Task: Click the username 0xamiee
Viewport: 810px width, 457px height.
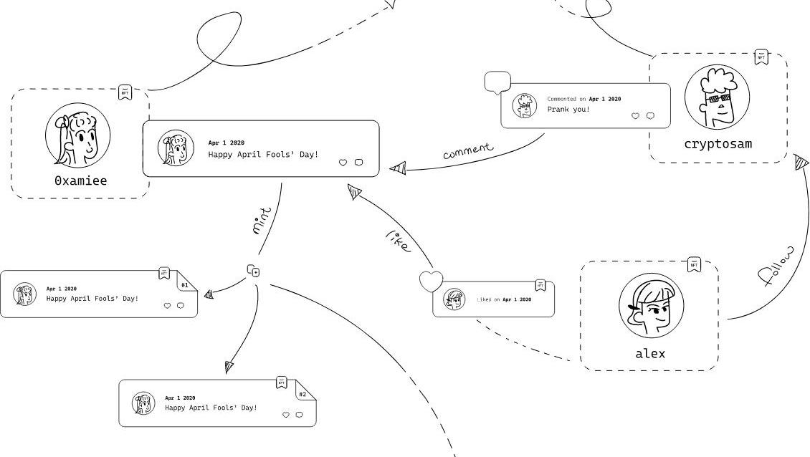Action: click(x=80, y=181)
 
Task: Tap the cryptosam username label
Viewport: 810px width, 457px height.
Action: click(x=718, y=143)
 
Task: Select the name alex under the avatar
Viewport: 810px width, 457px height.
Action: click(x=649, y=353)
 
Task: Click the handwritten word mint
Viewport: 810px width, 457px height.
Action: click(x=262, y=220)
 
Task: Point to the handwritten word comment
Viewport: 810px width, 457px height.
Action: click(x=468, y=150)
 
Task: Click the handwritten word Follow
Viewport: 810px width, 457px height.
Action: click(x=776, y=266)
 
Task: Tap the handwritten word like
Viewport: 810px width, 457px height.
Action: click(x=399, y=241)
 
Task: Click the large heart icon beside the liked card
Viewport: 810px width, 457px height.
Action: click(x=431, y=282)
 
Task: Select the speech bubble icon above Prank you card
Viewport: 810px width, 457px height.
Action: click(x=497, y=82)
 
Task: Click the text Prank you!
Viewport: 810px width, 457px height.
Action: click(x=568, y=110)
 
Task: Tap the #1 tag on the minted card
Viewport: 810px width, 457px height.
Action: click(x=184, y=285)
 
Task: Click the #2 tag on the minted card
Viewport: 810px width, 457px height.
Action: click(x=302, y=395)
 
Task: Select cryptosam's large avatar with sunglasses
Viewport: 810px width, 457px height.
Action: click(x=717, y=97)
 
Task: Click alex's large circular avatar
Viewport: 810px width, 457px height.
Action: click(x=651, y=304)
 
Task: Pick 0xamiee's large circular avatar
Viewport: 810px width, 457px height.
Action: click(x=78, y=135)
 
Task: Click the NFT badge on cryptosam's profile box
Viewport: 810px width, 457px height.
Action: click(x=761, y=57)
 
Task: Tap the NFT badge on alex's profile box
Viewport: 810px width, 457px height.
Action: click(x=694, y=264)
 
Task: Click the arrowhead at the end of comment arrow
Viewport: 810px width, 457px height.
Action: click(x=398, y=168)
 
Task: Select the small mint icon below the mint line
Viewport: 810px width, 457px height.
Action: click(x=253, y=271)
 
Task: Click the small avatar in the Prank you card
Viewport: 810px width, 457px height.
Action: click(x=524, y=106)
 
